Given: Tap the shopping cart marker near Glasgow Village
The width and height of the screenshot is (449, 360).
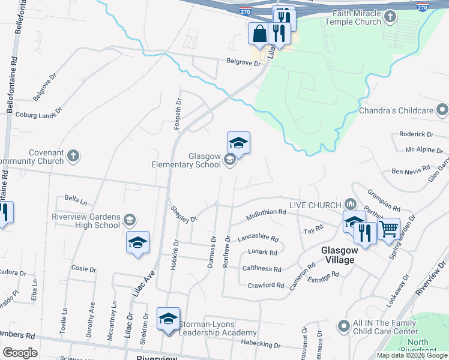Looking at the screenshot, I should pyautogui.click(x=389, y=228).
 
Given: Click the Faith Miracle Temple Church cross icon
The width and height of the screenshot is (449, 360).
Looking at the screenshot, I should pyautogui.click(x=390, y=16).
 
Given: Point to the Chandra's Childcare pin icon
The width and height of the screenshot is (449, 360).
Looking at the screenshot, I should pyautogui.click(x=442, y=110).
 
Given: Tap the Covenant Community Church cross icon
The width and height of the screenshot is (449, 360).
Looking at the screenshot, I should pyautogui.click(x=73, y=156).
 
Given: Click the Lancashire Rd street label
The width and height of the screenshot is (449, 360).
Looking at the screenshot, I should pyautogui.click(x=258, y=238).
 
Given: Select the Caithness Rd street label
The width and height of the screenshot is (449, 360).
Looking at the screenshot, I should pyautogui.click(x=261, y=269).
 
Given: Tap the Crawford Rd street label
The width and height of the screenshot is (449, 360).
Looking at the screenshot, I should pyautogui.click(x=265, y=285).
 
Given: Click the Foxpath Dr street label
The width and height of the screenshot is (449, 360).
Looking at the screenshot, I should pyautogui.click(x=177, y=112).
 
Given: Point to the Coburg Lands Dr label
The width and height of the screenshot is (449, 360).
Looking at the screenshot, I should pyautogui.click(x=38, y=113).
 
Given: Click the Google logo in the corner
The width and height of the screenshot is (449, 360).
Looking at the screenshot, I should pyautogui.click(x=20, y=353).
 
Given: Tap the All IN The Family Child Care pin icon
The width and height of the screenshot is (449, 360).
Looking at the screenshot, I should pyautogui.click(x=343, y=326).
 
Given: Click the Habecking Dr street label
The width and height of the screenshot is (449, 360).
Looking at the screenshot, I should pyautogui.click(x=261, y=343).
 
